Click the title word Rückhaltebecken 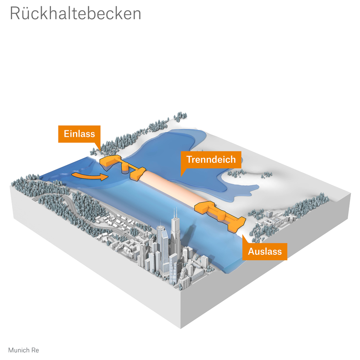tap(75, 13)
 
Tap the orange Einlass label tap(79, 134)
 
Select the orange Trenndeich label tap(210, 159)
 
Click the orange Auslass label tap(264, 251)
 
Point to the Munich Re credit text tap(23, 350)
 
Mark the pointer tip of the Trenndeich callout tap(182, 175)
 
